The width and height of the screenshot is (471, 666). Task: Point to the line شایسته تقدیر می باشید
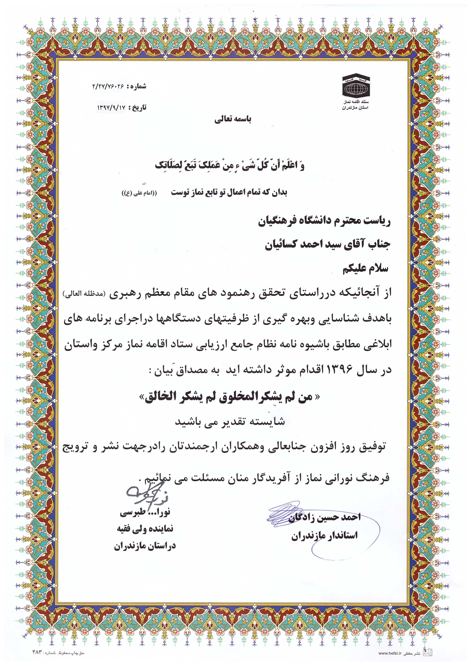pos(230,422)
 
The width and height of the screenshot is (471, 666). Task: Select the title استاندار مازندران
pos(325,536)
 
